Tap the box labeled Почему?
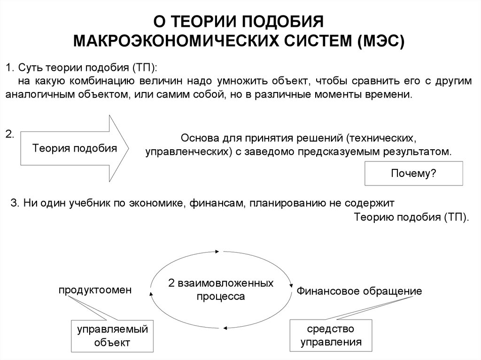(414, 173)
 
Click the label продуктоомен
(95, 290)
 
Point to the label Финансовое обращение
(359, 291)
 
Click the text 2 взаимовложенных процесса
(221, 290)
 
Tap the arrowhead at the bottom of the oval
(225, 327)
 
